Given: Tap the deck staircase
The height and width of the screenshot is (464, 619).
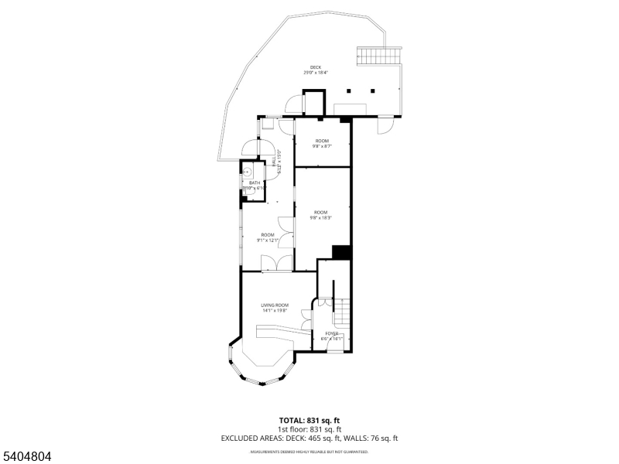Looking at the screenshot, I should [380, 56].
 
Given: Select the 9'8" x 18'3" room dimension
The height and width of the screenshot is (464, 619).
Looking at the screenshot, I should [321, 218].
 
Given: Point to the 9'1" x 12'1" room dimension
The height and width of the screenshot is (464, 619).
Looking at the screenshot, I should [267, 241].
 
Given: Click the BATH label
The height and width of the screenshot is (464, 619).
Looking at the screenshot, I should [254, 183].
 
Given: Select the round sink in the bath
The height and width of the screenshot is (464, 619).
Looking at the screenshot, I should [248, 172].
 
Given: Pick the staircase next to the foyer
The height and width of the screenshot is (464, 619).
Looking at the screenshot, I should [341, 312].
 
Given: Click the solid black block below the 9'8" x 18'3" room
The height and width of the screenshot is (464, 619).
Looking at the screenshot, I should [341, 252].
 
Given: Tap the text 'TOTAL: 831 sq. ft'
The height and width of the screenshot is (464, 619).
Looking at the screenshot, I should [309, 420].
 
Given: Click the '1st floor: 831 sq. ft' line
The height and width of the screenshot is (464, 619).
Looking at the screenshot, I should [309, 429].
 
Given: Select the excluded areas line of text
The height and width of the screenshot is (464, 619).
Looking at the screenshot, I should [309, 438].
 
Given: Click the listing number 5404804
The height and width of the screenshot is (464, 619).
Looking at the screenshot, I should [26, 456].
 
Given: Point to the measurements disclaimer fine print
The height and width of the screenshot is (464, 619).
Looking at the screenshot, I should [309, 452].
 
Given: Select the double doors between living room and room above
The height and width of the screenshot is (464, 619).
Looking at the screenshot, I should [276, 264].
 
